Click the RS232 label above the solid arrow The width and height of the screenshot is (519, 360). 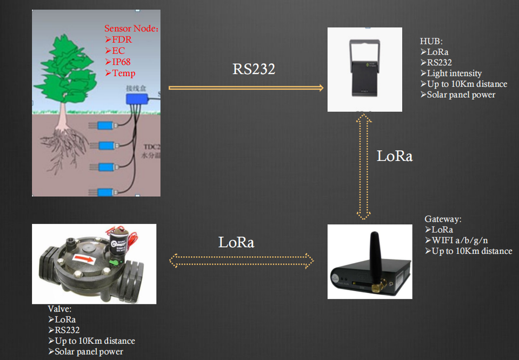coord(254,69)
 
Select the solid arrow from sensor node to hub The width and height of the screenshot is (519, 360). coord(246,88)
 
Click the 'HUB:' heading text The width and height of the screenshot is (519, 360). coord(431,41)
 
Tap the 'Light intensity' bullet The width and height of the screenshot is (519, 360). coord(454,73)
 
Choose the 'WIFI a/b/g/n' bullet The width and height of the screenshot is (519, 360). coord(460,240)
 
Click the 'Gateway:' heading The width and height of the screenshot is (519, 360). coord(443,219)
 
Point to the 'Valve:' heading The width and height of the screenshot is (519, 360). coord(59,309)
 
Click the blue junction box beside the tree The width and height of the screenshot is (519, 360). coord(137,99)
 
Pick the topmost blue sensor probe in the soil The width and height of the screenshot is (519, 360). coord(105,125)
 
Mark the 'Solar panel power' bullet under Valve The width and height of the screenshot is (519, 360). coord(89,352)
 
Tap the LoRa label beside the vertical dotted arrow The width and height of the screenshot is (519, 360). coord(395,156)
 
